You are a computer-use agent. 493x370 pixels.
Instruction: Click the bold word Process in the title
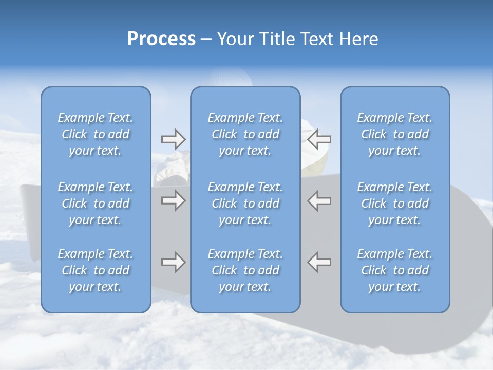[x=161, y=39]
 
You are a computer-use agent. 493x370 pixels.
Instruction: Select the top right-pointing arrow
[x=173, y=139]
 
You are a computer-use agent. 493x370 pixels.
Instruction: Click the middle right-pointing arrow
[x=173, y=200]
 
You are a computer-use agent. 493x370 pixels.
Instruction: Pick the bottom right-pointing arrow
[x=173, y=262]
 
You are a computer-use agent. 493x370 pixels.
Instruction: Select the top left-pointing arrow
[x=319, y=139]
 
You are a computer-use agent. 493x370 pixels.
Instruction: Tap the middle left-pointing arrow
[x=319, y=200]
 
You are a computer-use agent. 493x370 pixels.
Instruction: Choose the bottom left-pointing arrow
[x=319, y=262]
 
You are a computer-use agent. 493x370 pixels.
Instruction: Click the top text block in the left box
[x=96, y=134]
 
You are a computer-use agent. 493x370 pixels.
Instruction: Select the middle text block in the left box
[x=96, y=203]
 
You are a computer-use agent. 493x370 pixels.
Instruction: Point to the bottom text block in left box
[x=96, y=270]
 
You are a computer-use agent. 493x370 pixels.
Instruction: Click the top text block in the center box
[x=245, y=134]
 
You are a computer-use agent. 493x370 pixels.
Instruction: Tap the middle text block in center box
[x=245, y=203]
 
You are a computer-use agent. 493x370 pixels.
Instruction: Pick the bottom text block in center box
[x=245, y=270]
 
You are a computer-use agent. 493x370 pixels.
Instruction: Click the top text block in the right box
[x=395, y=134]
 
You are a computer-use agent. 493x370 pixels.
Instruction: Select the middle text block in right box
[x=395, y=203]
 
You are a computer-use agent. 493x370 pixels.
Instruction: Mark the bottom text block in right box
[x=395, y=270]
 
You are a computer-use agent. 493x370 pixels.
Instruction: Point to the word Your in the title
[x=235, y=39]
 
